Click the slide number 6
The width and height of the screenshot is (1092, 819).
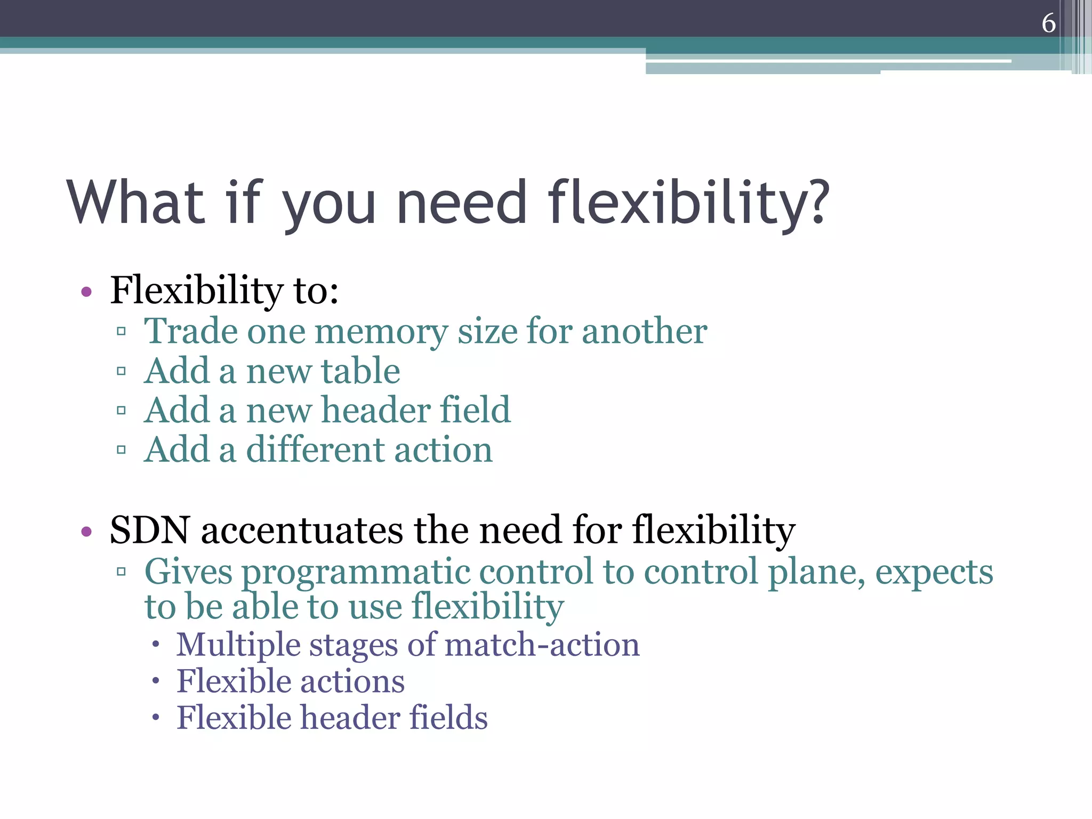click(1048, 23)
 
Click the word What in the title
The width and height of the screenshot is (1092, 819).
click(136, 202)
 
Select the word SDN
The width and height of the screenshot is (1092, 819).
click(149, 531)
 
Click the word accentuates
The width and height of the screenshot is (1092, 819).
click(302, 531)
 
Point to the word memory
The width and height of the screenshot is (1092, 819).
click(381, 332)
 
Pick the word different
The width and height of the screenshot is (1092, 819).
click(315, 450)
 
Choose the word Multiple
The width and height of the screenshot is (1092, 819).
click(238, 645)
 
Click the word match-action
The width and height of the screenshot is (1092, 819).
click(542, 645)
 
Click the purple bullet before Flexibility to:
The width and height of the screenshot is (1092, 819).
click(86, 292)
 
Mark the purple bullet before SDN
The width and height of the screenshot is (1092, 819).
click(86, 531)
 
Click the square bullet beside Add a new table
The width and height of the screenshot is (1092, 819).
click(121, 371)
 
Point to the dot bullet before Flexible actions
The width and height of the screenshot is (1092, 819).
click(155, 681)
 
